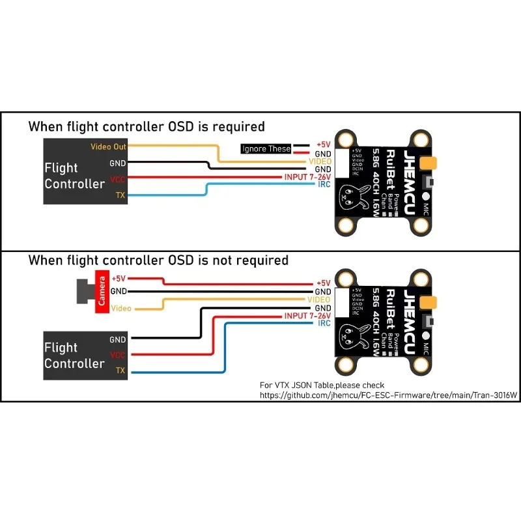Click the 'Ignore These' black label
click(x=266, y=148)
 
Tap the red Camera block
click(x=102, y=290)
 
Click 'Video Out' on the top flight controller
click(x=108, y=147)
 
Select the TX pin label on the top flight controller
click(x=120, y=195)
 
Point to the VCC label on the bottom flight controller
click(x=118, y=355)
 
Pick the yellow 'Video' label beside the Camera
click(x=121, y=308)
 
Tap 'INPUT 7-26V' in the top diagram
click(x=307, y=177)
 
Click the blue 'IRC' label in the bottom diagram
click(x=324, y=323)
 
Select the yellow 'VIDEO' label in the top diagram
click(x=318, y=161)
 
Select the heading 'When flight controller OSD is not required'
click(x=158, y=260)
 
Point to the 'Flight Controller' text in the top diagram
click(x=74, y=176)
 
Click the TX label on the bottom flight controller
click(x=120, y=371)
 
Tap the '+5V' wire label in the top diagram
click(x=323, y=145)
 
